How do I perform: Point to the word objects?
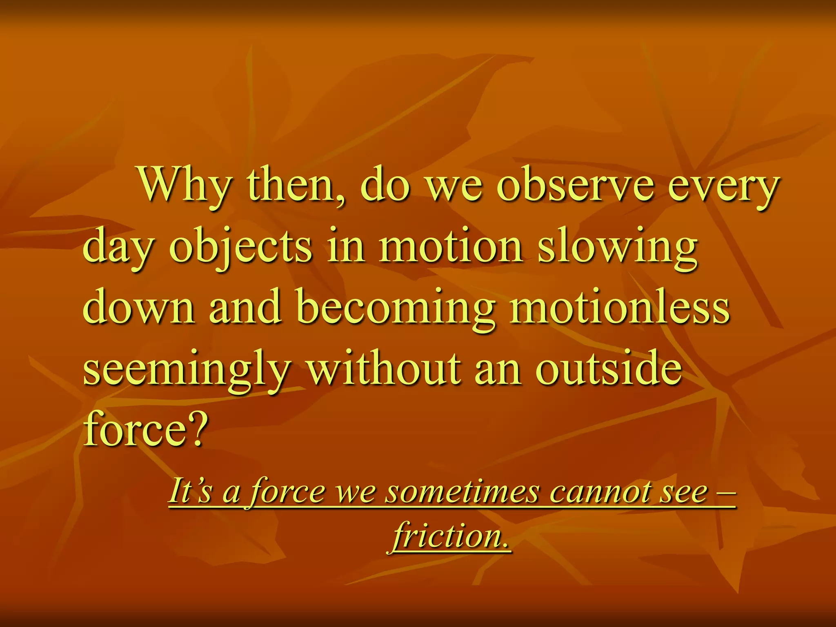click(x=241, y=248)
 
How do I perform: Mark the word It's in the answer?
click(x=190, y=491)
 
